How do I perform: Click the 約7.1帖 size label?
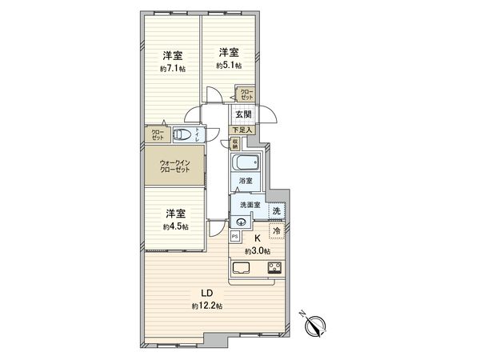point(172,69)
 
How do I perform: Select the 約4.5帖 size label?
point(176,226)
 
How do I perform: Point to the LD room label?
point(206,293)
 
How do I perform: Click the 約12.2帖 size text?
point(206,306)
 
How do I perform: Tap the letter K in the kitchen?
point(258,238)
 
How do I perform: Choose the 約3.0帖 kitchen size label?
point(258,250)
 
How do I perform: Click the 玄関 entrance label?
point(242,114)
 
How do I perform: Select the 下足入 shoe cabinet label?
point(242,129)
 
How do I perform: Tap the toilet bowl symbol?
point(183,135)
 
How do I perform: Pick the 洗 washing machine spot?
point(276,210)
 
